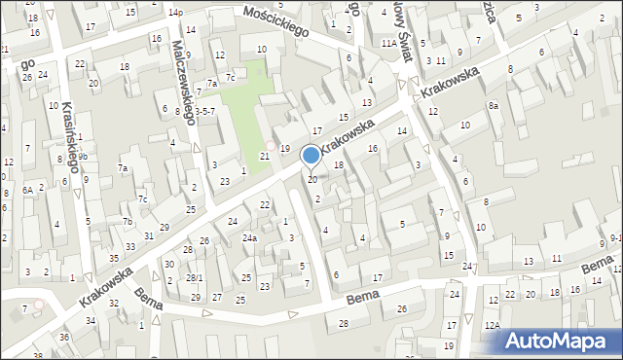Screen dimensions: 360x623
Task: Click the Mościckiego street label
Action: [277, 22]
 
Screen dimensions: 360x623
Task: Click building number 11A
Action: [388, 44]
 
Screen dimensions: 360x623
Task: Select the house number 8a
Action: [494, 105]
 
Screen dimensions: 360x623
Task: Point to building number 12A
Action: [494, 325]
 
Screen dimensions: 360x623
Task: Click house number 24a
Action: [250, 238]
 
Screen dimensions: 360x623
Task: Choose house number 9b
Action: [84, 156]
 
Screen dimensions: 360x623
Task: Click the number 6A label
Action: [28, 190]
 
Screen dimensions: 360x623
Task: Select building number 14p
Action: [175, 13]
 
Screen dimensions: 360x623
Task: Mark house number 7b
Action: [128, 221]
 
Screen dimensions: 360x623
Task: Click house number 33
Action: [130, 246]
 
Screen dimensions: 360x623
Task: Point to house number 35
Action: [114, 258]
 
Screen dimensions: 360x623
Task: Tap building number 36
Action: [64, 337]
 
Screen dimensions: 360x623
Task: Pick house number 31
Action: [149, 235]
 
